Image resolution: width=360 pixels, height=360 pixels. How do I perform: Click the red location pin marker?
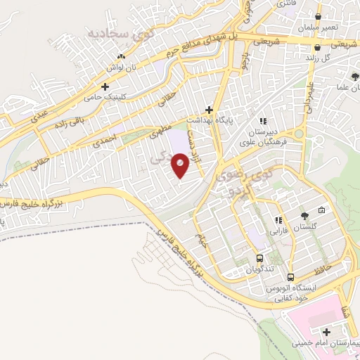[181, 165]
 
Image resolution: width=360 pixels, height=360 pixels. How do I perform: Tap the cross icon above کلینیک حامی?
[105, 87]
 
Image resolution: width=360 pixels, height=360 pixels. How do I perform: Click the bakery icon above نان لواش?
[121, 56]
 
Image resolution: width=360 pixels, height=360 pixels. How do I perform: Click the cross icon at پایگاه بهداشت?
[209, 110]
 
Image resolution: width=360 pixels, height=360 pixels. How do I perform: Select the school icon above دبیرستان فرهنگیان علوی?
[264, 120]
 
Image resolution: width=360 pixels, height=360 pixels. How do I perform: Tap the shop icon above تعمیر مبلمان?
[319, 17]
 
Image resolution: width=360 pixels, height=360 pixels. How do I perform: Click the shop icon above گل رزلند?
[319, 48]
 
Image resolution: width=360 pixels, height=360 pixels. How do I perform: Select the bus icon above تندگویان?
[260, 258]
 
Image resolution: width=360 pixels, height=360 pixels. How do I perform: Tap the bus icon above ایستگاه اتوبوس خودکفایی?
[290, 278]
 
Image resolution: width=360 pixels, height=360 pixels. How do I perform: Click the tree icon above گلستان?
[304, 216]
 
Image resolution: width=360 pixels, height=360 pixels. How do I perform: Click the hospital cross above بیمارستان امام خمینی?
[326, 332]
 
